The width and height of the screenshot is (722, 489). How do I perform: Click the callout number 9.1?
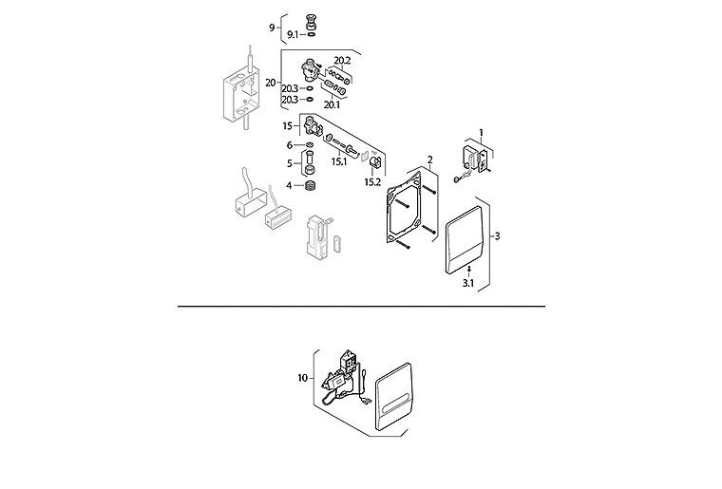pos(293,34)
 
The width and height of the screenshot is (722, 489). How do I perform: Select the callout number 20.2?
pos(342,60)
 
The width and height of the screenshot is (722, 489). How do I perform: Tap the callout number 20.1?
pos(332,104)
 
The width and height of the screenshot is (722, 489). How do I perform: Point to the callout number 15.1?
pos(339,162)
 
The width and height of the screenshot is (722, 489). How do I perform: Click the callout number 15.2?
pos(372,182)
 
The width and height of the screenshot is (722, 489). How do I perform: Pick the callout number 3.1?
pos(468,283)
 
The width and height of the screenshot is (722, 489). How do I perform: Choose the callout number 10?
pos(302,378)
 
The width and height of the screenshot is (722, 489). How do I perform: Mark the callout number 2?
pos(430,160)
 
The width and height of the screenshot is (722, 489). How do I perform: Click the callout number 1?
pos(482,133)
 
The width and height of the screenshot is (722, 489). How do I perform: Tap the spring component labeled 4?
pos(312,186)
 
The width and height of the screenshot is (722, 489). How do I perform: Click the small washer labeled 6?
pos(310,145)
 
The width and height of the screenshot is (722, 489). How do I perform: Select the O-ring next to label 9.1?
pos(312,34)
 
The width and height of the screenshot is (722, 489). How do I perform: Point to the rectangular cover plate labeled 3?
pos(465,240)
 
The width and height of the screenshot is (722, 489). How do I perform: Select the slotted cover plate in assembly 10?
pos(393,396)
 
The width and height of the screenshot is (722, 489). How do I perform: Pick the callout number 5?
pos(290,163)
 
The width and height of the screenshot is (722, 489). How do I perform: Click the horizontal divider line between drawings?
pos(361,306)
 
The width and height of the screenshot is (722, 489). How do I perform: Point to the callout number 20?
pos(271,84)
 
